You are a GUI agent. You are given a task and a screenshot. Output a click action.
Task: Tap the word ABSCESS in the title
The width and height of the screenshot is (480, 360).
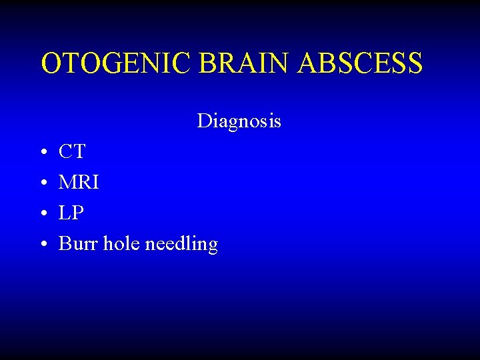pos(361,63)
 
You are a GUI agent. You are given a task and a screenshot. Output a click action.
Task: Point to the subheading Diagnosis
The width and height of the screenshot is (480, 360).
pos(239,121)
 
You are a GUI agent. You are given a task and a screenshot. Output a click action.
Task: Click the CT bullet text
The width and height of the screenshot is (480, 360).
pos(72,152)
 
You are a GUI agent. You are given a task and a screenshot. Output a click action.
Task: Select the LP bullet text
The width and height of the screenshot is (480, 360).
pos(71,213)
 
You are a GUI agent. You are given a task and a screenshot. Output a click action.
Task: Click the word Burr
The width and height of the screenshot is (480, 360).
pos(79,244)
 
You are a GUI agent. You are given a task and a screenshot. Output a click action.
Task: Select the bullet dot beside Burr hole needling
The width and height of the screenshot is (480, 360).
pos(43,245)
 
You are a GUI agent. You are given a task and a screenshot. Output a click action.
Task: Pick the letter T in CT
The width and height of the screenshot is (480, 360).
pos(79,152)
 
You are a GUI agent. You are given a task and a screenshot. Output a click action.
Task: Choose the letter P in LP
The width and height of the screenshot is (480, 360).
pos(79,213)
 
